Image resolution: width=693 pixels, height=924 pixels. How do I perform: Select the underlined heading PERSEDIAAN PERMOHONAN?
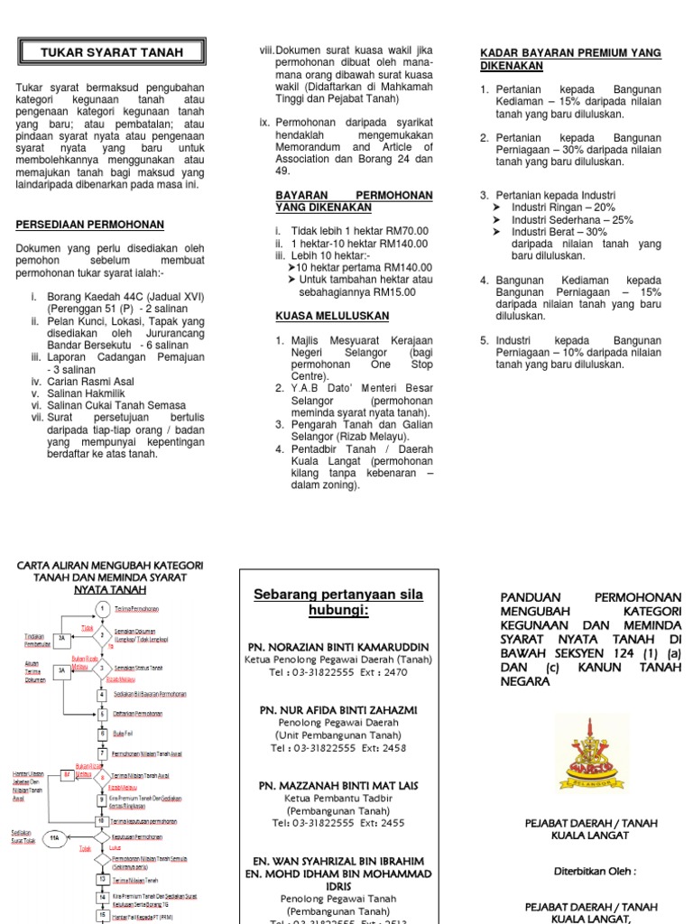click(x=90, y=224)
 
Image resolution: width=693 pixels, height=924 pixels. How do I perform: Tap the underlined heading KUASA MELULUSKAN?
click(x=331, y=316)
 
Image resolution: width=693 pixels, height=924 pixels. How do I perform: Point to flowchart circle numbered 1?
click(x=103, y=608)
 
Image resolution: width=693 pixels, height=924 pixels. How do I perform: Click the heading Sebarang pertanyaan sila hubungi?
click(x=337, y=602)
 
